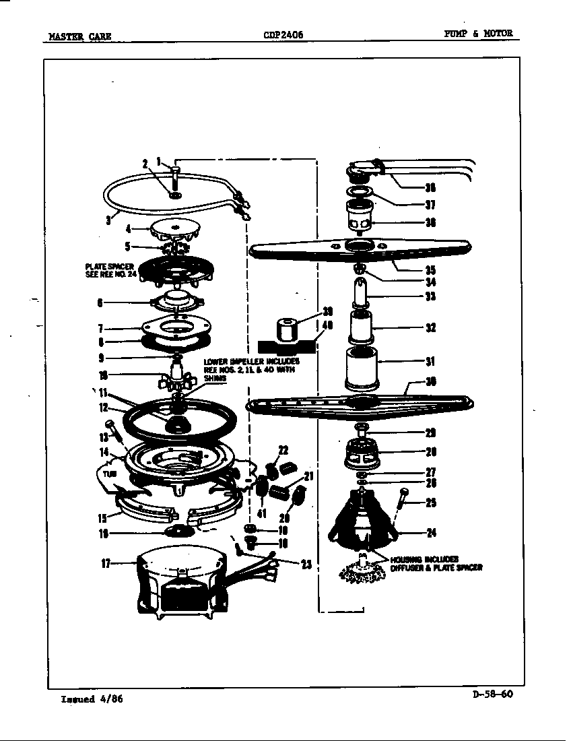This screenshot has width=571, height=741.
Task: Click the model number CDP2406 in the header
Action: click(x=283, y=34)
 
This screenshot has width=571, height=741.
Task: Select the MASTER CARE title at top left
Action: click(x=79, y=36)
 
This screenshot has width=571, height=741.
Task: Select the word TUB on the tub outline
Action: click(x=111, y=474)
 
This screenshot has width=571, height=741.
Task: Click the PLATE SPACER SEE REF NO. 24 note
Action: click(x=109, y=271)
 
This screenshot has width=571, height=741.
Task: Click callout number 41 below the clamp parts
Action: click(x=262, y=514)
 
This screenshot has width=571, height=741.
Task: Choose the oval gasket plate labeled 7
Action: click(x=174, y=329)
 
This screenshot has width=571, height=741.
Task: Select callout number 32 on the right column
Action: click(x=430, y=328)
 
